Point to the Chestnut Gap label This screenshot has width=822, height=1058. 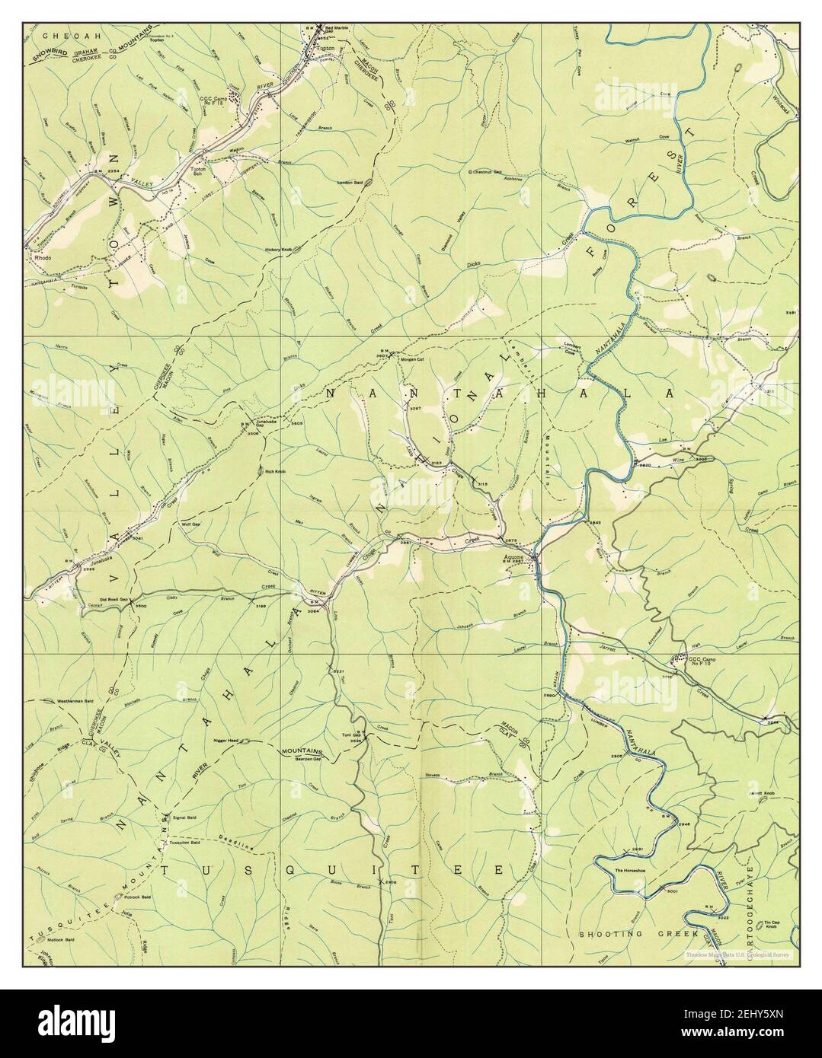pyautogui.click(x=488, y=172)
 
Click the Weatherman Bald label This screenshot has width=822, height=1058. pyautogui.click(x=66, y=700)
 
